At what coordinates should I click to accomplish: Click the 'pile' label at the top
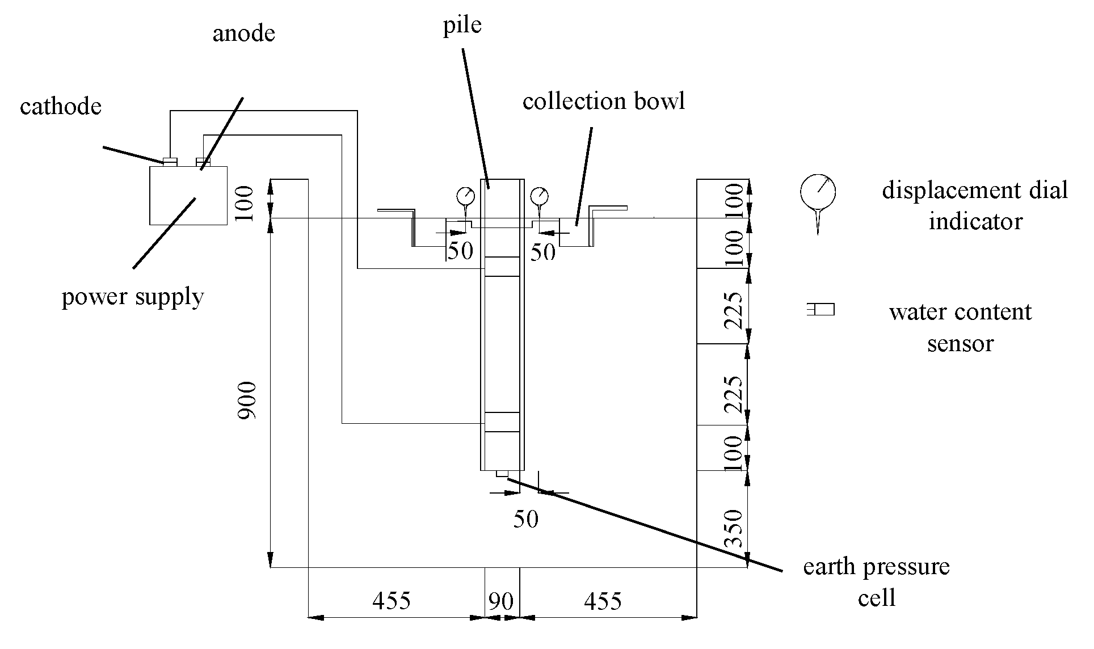coord(462,26)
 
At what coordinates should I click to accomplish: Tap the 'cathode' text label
coord(61,106)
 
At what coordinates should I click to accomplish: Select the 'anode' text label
coord(244,33)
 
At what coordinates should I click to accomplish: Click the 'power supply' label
coord(133,297)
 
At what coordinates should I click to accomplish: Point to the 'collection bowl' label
coord(604,101)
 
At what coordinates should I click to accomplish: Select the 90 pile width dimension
coord(501,601)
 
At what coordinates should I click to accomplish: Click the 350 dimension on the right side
coord(735,528)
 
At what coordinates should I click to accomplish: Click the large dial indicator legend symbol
coord(818,192)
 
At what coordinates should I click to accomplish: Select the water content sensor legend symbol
coord(820,310)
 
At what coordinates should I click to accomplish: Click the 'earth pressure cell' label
coord(876,581)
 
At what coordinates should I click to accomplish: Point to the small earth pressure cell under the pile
coord(502,474)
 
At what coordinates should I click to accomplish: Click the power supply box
coord(188,196)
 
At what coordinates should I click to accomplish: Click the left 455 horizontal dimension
coord(392,600)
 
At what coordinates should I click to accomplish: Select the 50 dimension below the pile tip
coord(525,519)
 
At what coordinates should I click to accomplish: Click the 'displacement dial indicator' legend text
coord(975,205)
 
